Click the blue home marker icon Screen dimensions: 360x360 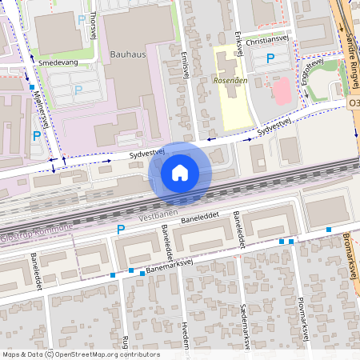(x=180, y=173)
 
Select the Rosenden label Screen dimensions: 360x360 (x=230, y=82)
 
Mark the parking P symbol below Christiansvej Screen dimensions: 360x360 (x=270, y=58)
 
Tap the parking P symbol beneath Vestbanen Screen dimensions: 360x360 (x=121, y=230)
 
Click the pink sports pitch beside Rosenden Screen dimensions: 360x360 (x=282, y=90)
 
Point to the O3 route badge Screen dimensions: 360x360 (x=354, y=104)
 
